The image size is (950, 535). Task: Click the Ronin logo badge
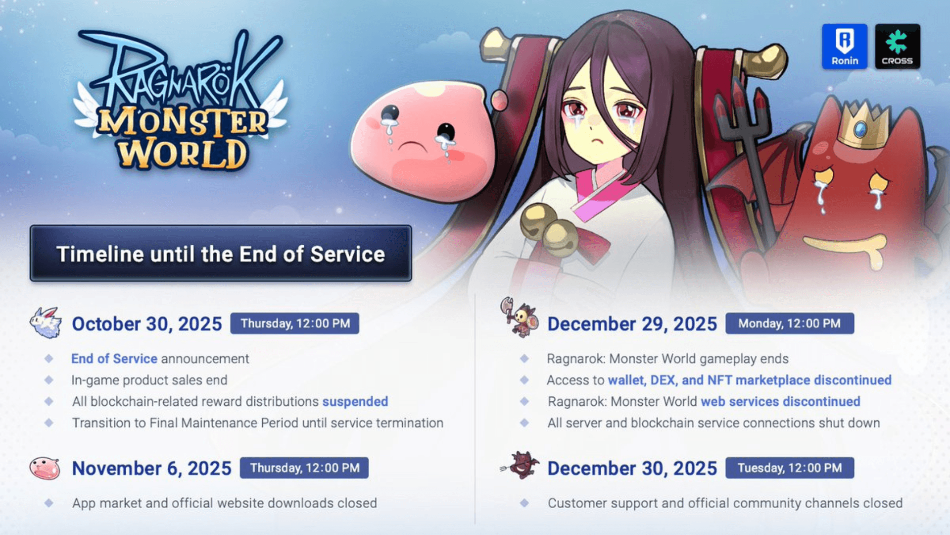(844, 47)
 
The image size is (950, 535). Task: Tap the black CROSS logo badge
(897, 47)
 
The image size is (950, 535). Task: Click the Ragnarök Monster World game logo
(181, 102)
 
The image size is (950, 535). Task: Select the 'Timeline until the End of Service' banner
(221, 254)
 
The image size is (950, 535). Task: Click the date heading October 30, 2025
(147, 324)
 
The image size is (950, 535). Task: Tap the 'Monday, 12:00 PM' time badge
(789, 323)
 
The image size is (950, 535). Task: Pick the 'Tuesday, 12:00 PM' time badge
(789, 468)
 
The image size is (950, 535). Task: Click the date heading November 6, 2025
(151, 469)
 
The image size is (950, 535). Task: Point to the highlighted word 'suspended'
(355, 401)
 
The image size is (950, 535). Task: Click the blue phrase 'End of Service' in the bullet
(114, 359)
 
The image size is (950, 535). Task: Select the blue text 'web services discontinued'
(780, 401)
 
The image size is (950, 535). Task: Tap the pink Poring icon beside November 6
(45, 468)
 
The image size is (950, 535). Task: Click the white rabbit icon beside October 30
(46, 323)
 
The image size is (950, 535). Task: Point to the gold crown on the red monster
(861, 126)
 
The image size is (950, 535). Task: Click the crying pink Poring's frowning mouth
(413, 146)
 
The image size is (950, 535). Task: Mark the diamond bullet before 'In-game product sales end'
(49, 380)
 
